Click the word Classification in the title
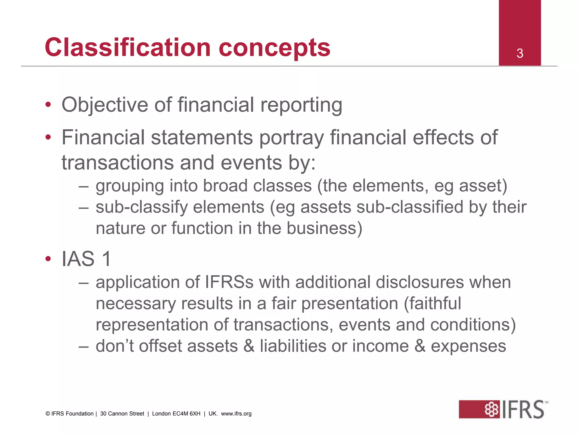(128, 47)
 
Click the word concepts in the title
(274, 48)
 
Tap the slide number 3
(520, 54)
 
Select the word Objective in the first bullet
(105, 105)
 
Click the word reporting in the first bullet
(301, 105)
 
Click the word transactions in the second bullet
(118, 163)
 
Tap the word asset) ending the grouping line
(483, 186)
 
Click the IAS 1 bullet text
(86, 259)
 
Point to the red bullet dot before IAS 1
(48, 259)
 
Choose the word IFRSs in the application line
(229, 282)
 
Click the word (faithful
(432, 304)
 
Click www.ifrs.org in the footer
(236, 414)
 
